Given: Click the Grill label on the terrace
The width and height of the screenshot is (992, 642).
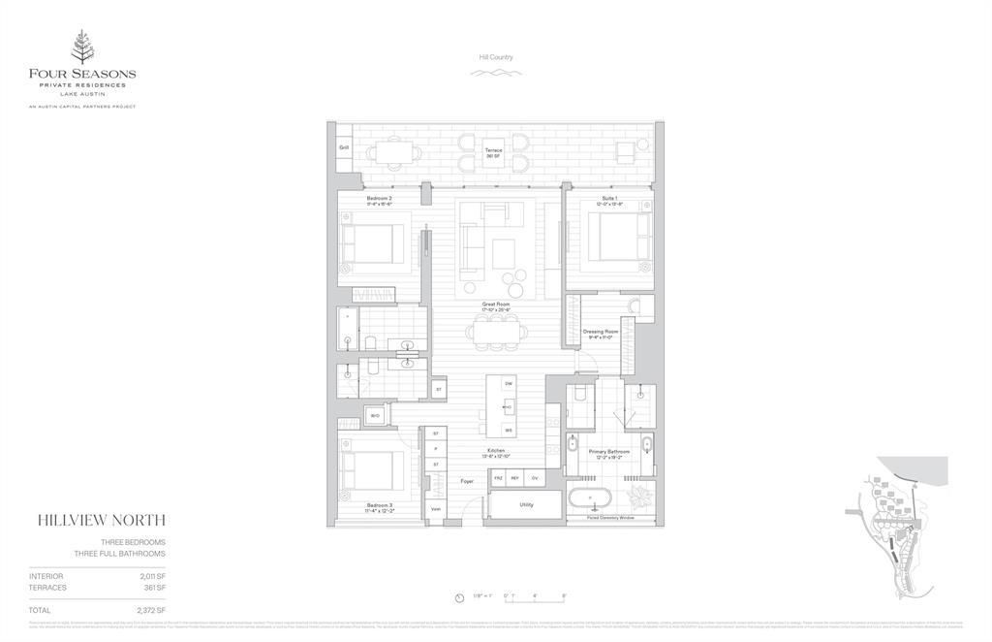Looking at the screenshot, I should pos(344,147).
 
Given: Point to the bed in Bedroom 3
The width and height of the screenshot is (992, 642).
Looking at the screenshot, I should pos(372,469).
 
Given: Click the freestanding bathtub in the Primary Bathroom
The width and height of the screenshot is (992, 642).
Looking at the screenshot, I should pos(590,501).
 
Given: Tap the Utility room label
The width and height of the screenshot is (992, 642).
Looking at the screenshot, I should pos(526,504).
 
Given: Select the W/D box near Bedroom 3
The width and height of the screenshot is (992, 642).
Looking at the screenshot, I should pos(374,416).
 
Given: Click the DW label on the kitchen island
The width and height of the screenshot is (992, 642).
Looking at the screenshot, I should pos(509,384).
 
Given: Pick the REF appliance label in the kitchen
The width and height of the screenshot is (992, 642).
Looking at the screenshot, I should pos(515,478).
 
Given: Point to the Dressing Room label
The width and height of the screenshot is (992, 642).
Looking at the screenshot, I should pos(600,333).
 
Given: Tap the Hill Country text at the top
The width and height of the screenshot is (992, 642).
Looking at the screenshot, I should pos(496,57).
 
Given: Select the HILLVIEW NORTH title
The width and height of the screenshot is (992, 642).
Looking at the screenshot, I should pos(101,521).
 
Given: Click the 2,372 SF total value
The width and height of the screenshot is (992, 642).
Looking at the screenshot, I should pos(152,611).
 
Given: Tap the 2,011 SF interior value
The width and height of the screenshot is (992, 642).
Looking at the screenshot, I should pos(152,576).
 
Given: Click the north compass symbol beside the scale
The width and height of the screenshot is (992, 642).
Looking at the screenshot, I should pos(459,597).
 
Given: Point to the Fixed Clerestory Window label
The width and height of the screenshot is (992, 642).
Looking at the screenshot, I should pos(609,518).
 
